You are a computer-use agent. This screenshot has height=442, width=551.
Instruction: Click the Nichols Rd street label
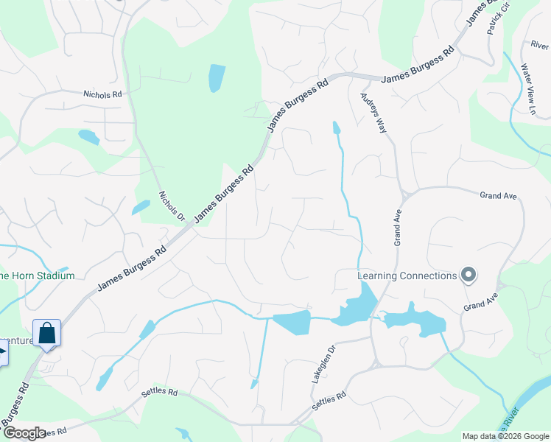pos(102,94)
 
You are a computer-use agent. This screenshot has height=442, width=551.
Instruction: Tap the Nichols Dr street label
pos(172,206)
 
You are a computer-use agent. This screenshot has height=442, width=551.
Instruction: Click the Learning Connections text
pos(407,276)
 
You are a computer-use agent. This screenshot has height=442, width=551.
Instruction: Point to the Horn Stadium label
pos(37,276)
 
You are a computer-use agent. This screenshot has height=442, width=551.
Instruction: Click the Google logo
pos(24,433)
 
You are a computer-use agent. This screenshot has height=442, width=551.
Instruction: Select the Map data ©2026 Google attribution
pos(505,436)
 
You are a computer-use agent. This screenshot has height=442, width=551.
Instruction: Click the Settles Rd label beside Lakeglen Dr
pos(329,401)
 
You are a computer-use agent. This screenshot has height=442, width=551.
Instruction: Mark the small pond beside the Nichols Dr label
pos(141,208)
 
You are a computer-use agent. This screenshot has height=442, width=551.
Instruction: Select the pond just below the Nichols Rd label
pos(88,137)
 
